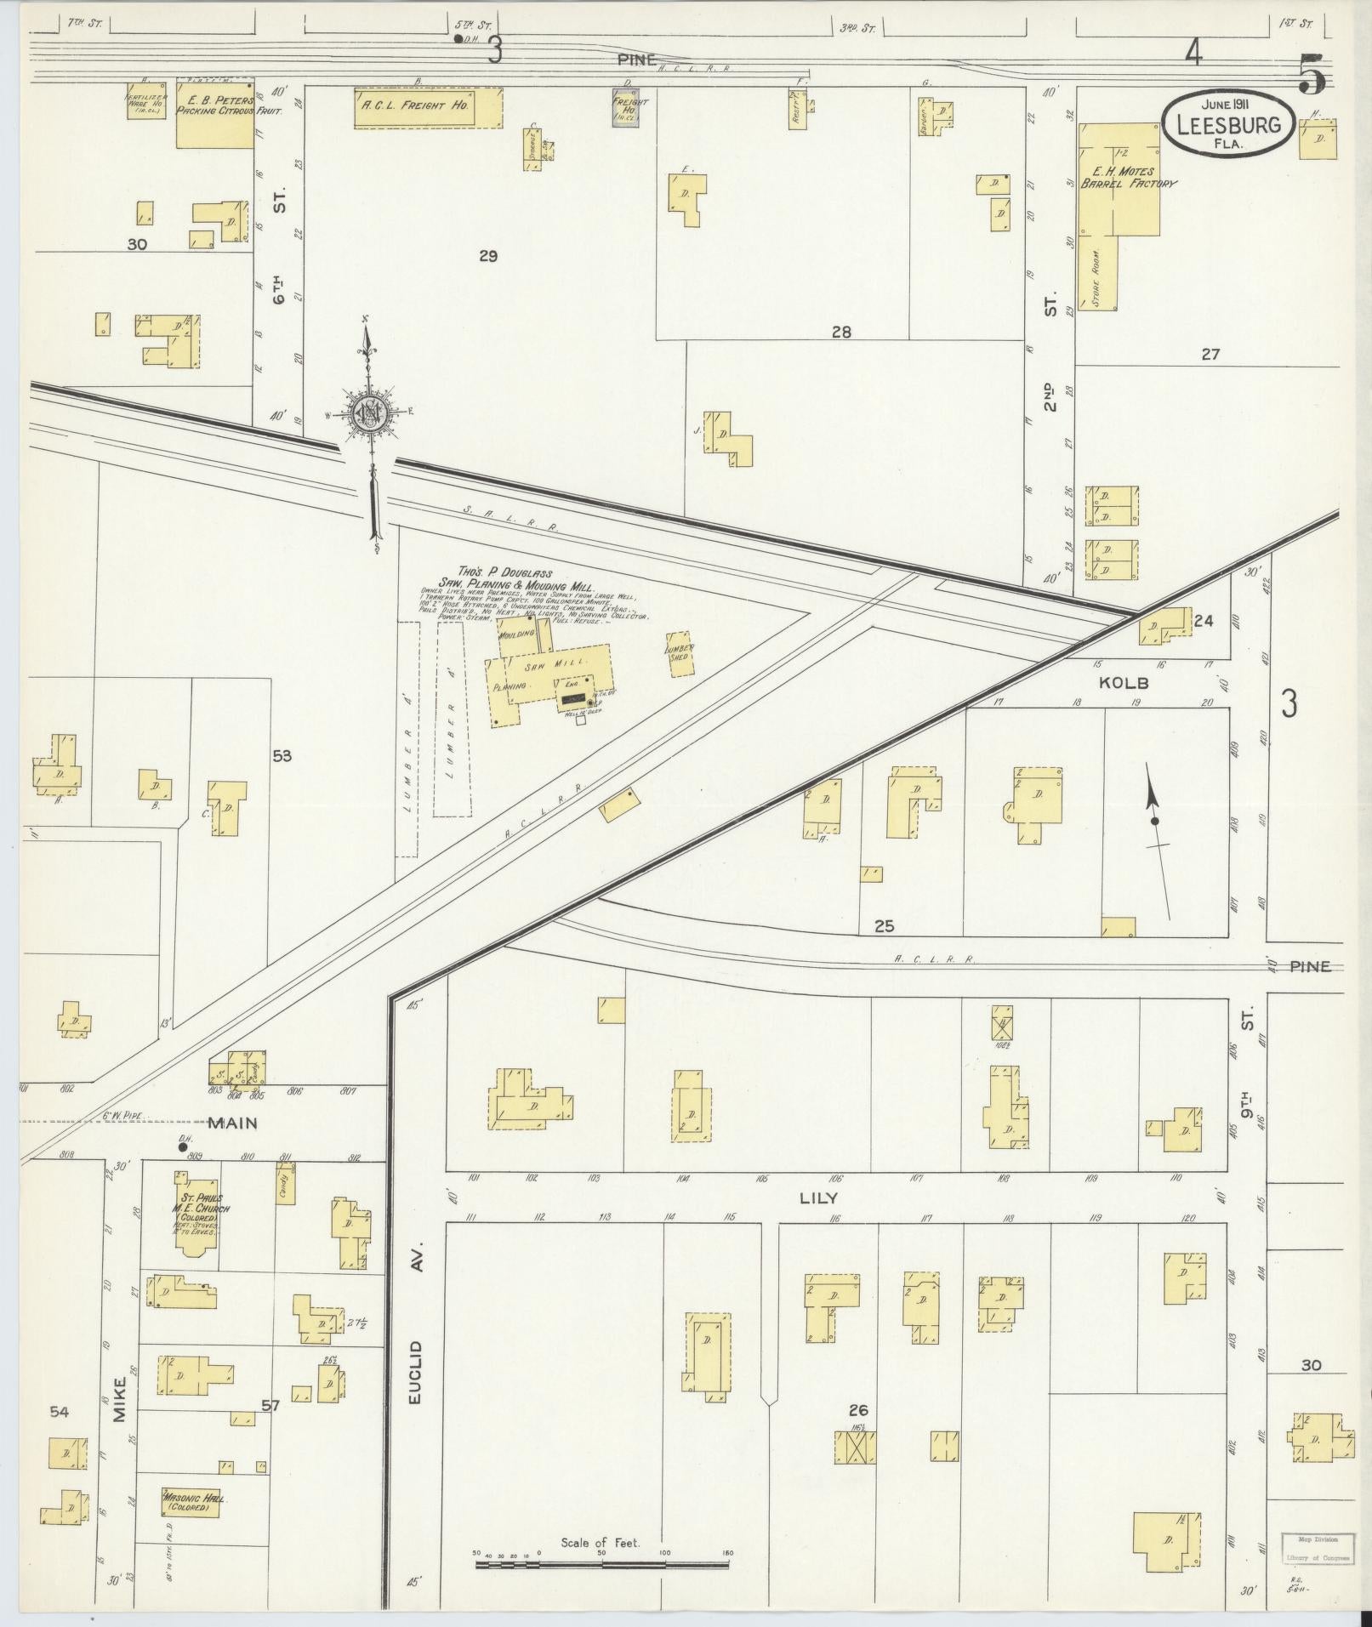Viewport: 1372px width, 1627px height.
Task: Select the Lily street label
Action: [x=818, y=1197]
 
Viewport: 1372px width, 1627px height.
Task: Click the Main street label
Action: [x=232, y=1123]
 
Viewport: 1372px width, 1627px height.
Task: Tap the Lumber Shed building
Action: [x=680, y=653]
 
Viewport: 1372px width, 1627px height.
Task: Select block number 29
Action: [x=487, y=255]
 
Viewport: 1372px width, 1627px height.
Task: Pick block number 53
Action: [x=282, y=754]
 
